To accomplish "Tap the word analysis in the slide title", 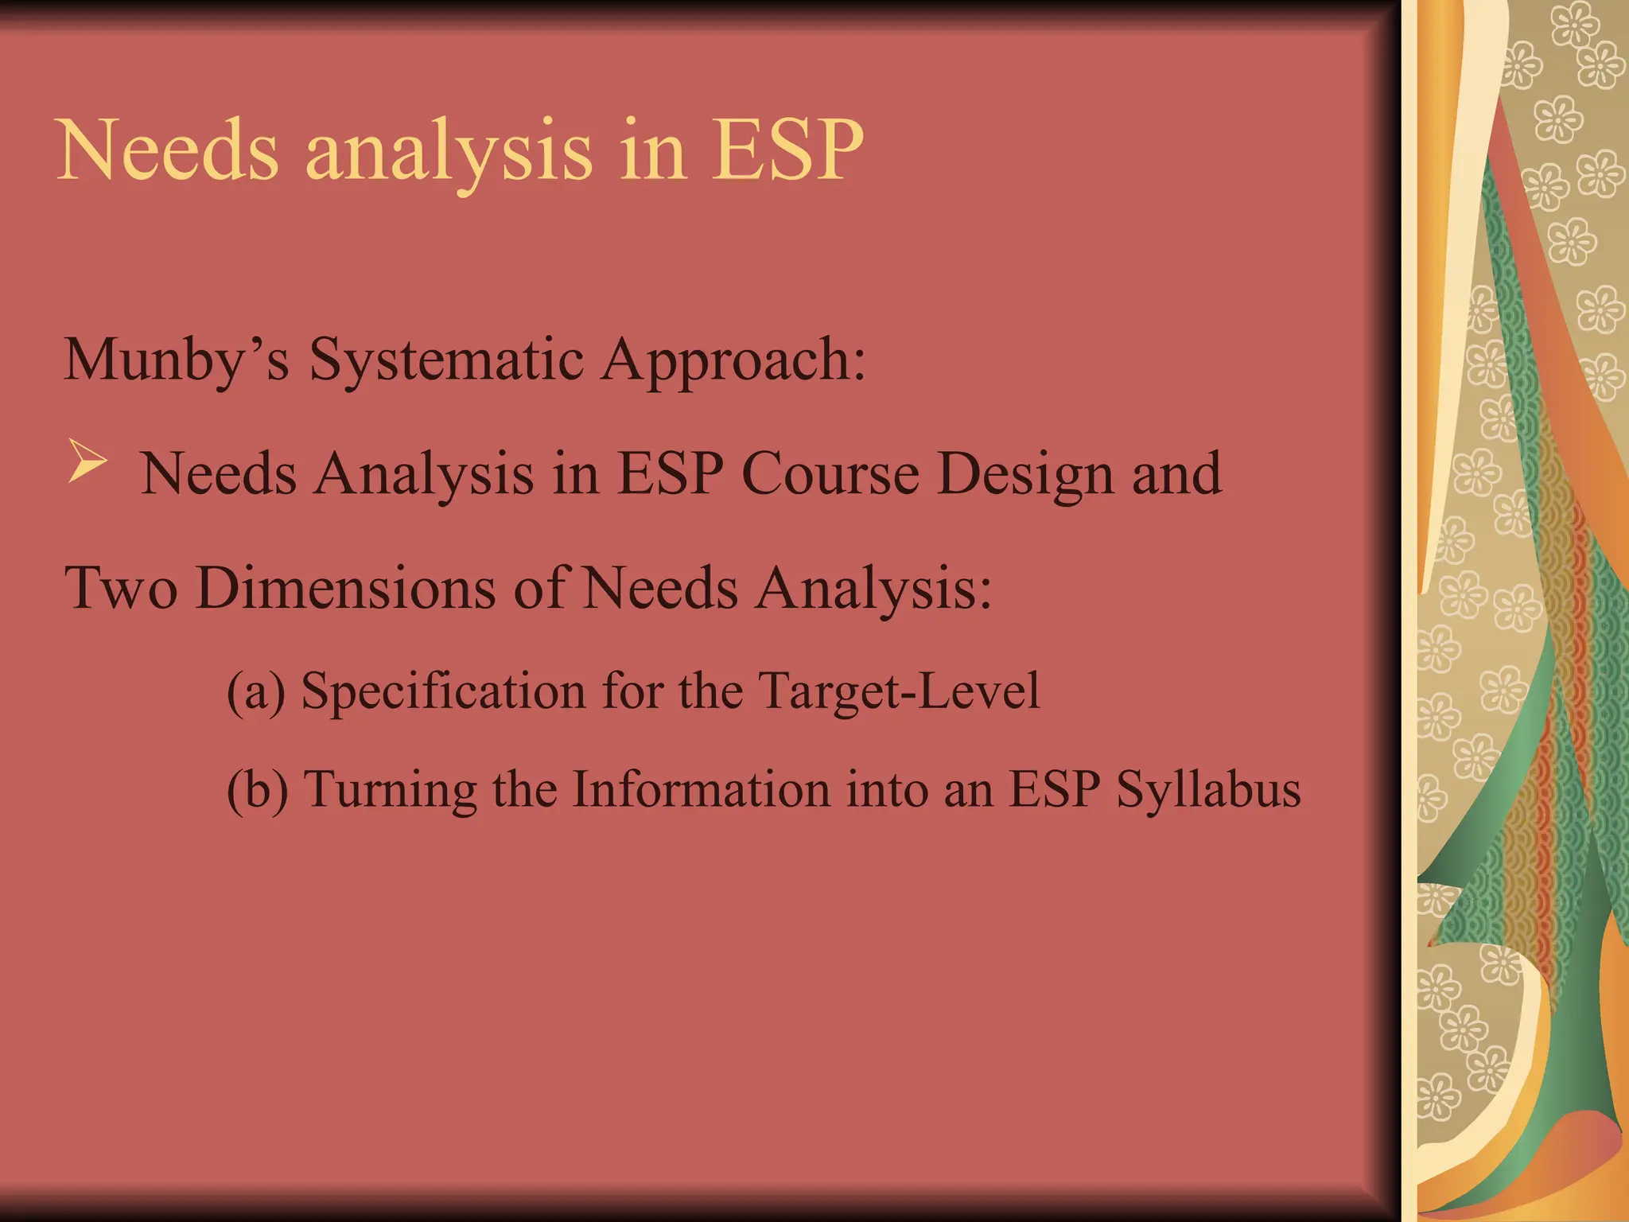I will pos(449,153).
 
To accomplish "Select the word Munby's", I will pos(176,360).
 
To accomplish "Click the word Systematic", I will pos(446,360).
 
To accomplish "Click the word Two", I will pos(121,589).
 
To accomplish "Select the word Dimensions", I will pos(344,589).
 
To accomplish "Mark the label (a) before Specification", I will pos(255,691).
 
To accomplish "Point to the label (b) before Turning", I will pos(257,790).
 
